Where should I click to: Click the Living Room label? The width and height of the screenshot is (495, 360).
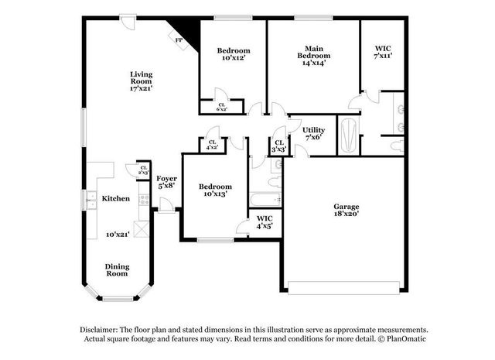click(x=141, y=81)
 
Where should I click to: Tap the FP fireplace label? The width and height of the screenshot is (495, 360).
click(x=179, y=40)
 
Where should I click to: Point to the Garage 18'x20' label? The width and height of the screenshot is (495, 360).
click(x=346, y=211)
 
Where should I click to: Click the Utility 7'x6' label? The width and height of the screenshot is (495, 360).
click(x=313, y=133)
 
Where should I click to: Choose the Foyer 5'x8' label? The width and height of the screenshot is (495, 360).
click(x=167, y=182)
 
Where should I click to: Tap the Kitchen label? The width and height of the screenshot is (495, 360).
click(x=116, y=198)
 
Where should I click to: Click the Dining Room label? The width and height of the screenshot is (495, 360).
click(x=117, y=270)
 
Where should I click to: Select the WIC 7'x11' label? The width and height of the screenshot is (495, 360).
click(x=383, y=51)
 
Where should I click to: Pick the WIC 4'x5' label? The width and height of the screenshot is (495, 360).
click(x=265, y=223)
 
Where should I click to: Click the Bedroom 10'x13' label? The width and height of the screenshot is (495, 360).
click(x=214, y=190)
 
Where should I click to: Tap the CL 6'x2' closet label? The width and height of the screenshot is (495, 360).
click(x=221, y=107)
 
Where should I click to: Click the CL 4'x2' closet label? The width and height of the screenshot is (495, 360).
click(x=212, y=143)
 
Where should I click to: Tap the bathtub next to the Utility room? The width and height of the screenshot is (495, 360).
click(x=350, y=135)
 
